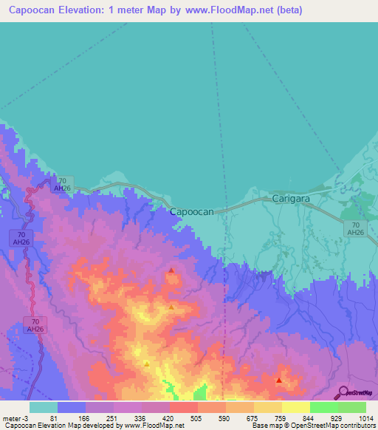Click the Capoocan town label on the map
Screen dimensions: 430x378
[192, 211]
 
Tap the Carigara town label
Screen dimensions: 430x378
[294, 199]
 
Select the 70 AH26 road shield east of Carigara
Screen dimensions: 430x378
[356, 228]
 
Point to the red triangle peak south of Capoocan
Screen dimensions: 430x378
[171, 270]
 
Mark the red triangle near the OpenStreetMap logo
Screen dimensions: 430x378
[279, 380]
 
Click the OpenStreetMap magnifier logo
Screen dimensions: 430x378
[342, 393]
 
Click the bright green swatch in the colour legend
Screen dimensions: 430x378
[323, 407]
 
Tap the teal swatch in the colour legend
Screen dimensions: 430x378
[43, 407]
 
